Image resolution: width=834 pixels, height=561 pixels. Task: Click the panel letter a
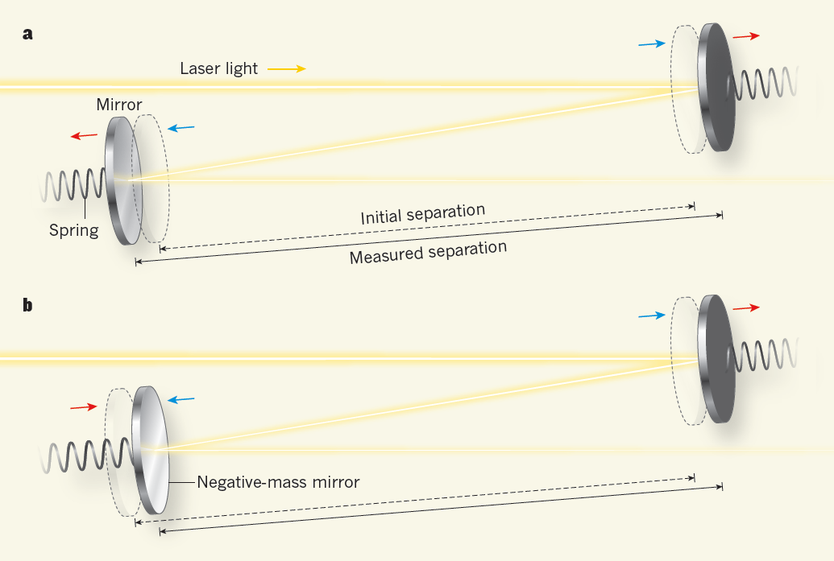(x=28, y=34)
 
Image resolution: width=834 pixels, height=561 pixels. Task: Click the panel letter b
(x=28, y=306)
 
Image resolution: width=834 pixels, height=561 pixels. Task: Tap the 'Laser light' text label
(x=219, y=68)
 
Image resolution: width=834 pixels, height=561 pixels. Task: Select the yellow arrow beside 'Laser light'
(x=286, y=69)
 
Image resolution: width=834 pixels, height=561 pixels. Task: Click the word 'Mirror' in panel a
(x=119, y=105)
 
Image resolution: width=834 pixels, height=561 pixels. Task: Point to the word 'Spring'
(x=73, y=230)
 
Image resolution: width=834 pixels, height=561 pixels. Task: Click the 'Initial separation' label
(x=423, y=215)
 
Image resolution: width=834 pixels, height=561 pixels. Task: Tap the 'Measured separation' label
(x=428, y=252)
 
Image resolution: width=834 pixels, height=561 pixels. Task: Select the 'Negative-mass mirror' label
(x=278, y=482)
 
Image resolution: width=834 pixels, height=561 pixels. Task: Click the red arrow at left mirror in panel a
(x=84, y=136)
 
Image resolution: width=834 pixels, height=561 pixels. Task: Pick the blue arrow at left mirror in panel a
(x=180, y=128)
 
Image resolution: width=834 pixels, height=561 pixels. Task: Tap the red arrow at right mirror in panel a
(x=745, y=36)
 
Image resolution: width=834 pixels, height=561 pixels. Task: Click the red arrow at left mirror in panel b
(x=83, y=407)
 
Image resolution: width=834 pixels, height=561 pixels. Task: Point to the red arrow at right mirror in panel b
(x=745, y=308)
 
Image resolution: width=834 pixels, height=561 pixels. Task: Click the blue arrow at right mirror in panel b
(x=652, y=316)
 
